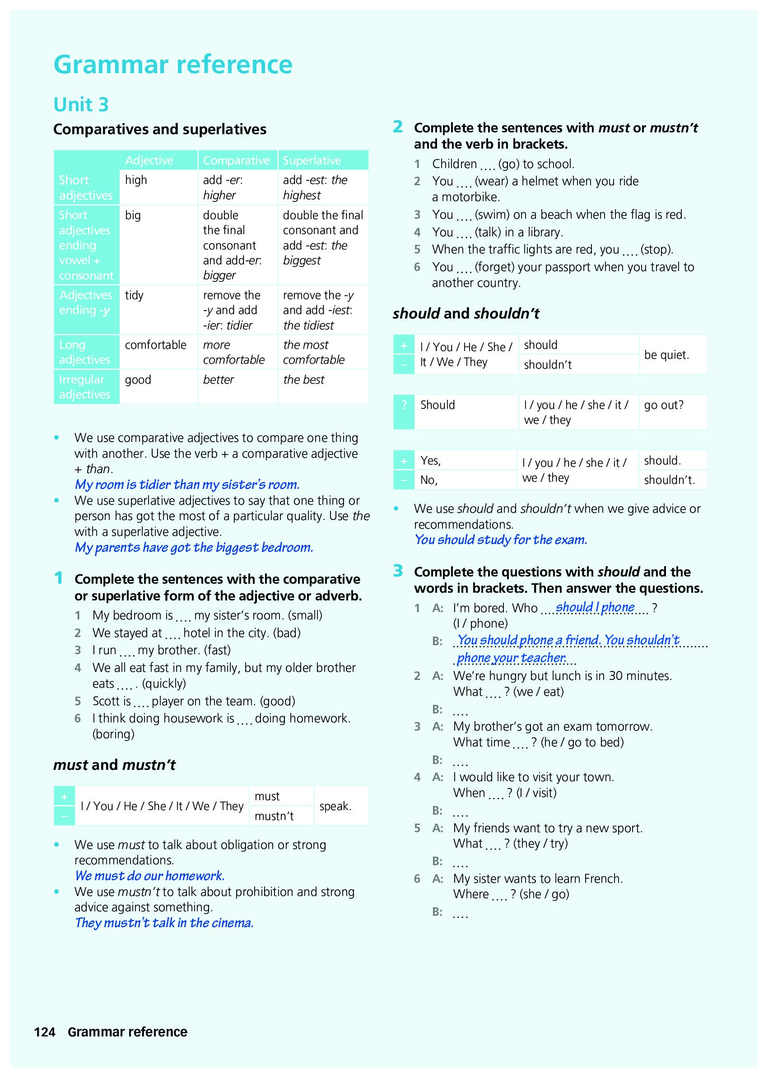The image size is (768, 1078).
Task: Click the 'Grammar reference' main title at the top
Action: [x=173, y=65]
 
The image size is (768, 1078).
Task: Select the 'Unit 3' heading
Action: [x=81, y=104]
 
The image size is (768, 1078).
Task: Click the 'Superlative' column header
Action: [x=312, y=160]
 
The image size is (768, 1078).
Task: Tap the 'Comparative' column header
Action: [x=236, y=160]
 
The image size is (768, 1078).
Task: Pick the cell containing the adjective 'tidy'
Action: [x=134, y=295]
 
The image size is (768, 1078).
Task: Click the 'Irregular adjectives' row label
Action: [x=84, y=387]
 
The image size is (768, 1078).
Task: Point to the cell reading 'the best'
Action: [x=303, y=380]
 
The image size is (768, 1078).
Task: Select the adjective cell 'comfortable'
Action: [x=156, y=345]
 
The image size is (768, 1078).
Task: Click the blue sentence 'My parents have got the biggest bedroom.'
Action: [x=194, y=548]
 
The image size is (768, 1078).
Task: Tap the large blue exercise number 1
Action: [x=59, y=578]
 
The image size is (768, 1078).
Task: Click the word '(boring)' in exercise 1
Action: [x=113, y=734]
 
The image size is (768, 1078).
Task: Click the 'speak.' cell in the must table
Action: [x=335, y=806]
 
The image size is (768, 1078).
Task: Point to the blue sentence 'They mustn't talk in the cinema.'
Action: [x=164, y=923]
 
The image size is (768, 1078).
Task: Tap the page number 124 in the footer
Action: [x=45, y=1032]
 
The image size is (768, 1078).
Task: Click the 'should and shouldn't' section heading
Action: [x=466, y=313]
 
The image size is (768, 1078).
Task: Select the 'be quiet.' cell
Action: [x=666, y=355]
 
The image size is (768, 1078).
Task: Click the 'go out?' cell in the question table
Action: [x=664, y=405]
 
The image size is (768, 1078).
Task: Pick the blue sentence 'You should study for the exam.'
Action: [x=500, y=540]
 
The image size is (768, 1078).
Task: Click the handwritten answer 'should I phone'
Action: [x=595, y=607]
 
